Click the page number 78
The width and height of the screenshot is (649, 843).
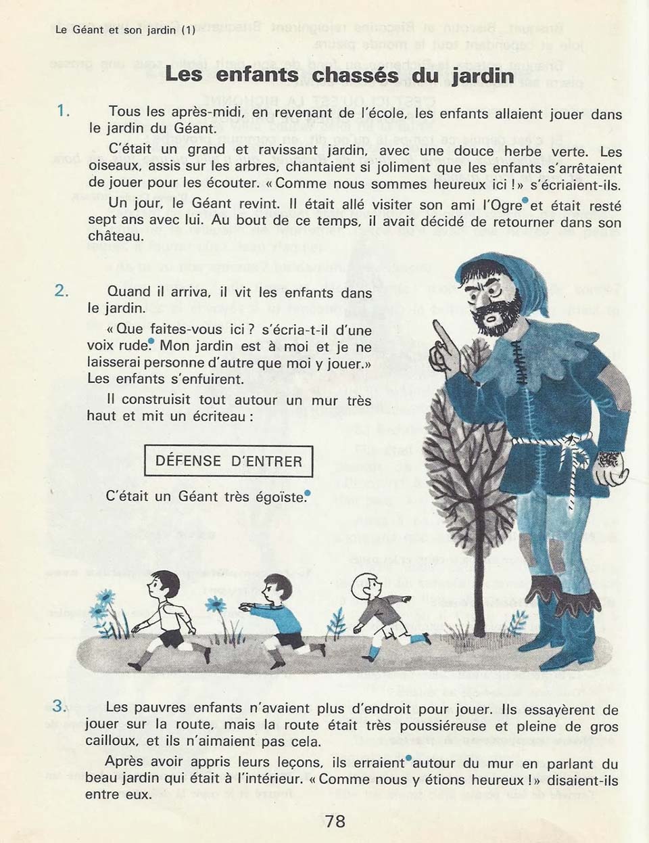tap(335, 821)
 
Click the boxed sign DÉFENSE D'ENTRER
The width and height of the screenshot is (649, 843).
tap(229, 461)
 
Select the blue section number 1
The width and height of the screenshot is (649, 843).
tap(64, 110)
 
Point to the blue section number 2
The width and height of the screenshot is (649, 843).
tap(62, 291)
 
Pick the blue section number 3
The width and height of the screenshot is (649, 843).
tap(60, 706)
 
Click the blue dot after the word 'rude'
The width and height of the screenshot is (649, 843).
tap(151, 342)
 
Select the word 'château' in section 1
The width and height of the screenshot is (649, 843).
tap(116, 237)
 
